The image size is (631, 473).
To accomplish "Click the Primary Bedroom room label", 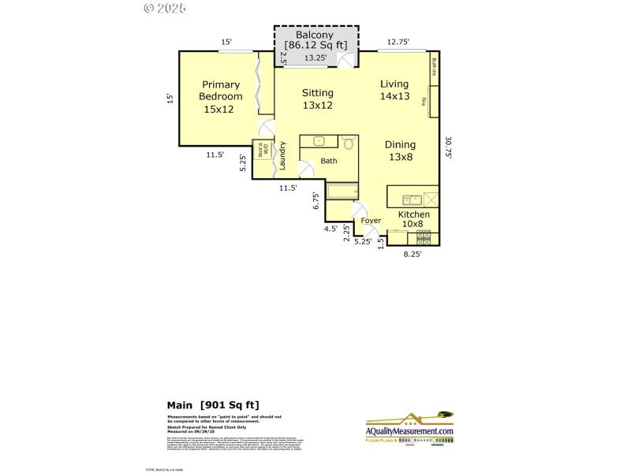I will (220, 97).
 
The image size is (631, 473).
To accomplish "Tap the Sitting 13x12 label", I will (318, 99).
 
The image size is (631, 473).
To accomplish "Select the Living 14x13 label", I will (394, 90).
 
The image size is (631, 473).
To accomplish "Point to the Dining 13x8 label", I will (401, 151).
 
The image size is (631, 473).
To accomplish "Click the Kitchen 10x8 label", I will (413, 219).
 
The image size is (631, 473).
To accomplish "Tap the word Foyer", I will (371, 221).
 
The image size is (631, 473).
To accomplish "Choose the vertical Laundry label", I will (282, 156).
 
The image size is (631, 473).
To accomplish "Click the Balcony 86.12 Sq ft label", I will (315, 41).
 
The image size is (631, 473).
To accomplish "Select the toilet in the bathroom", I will (349, 143).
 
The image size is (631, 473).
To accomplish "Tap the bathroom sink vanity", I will (319, 142).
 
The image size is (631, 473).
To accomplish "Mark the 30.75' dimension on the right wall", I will (448, 148).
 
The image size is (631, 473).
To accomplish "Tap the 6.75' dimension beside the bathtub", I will (316, 201).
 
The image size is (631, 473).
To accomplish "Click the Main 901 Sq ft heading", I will (212, 404).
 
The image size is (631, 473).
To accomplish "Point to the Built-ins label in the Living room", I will (434, 69).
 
